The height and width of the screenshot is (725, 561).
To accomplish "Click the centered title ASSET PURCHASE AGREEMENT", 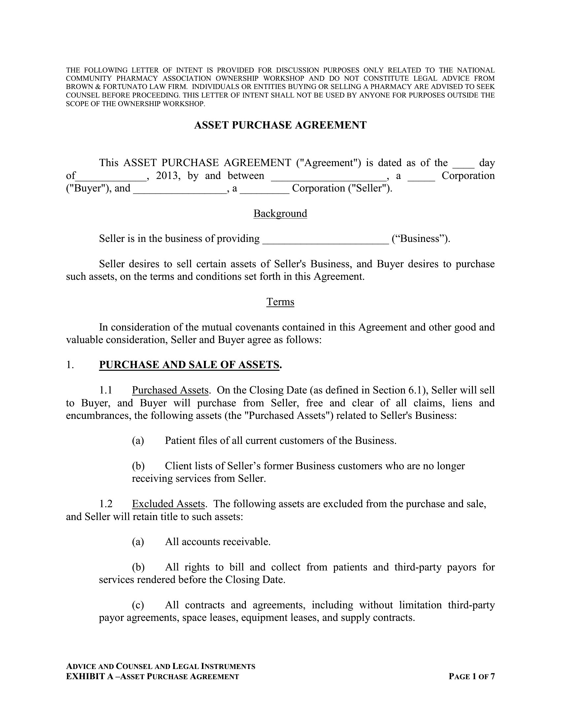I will [280, 125].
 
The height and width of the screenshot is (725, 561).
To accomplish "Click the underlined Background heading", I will [280, 214].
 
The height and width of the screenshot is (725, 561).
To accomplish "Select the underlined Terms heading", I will [280, 302].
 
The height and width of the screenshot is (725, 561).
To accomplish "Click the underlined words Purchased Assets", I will [170, 390].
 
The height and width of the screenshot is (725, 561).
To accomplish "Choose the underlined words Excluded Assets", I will [169, 504].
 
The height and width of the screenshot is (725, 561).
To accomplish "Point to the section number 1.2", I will [106, 504].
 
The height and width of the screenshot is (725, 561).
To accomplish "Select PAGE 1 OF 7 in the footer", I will [472, 677].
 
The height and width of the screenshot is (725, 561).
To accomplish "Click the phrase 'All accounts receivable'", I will [218, 542].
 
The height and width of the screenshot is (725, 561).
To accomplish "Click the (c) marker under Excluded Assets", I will [138, 605].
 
